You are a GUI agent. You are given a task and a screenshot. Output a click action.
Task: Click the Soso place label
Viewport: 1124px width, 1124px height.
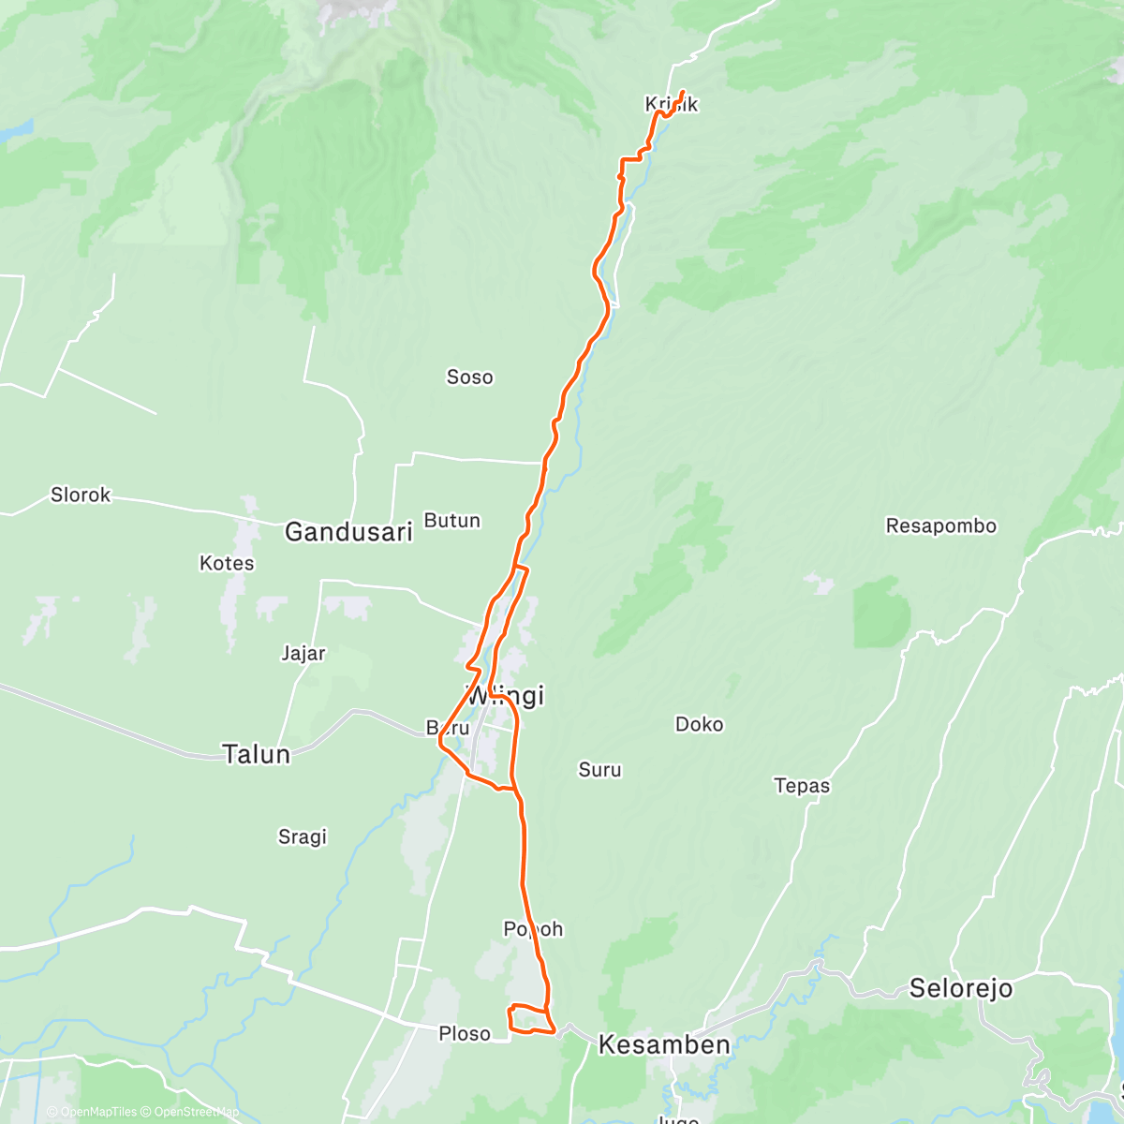pos(469,377)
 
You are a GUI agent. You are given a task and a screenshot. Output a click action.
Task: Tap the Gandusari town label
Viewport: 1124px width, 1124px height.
pos(348,533)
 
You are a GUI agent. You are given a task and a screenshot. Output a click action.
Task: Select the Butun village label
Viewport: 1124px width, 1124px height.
pos(452,521)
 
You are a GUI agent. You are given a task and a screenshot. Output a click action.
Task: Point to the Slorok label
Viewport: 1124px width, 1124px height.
pos(81,495)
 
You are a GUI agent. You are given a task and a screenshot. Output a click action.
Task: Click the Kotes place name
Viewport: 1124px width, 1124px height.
pos(227,563)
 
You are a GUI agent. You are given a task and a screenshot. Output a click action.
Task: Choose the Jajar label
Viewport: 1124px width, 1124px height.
pos(303,654)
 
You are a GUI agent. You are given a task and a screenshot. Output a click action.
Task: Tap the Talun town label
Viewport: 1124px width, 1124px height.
pos(256,754)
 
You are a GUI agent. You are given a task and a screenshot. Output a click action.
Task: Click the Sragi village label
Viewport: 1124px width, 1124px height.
pos(302,836)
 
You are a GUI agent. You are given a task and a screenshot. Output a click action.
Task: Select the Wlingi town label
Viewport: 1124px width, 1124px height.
pos(506,696)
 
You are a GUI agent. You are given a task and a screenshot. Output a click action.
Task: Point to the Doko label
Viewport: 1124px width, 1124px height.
pos(699,724)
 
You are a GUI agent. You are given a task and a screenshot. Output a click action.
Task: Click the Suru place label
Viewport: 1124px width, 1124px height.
pos(599,770)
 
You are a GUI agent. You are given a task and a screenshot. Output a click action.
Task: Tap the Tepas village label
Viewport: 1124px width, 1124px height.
pos(802,786)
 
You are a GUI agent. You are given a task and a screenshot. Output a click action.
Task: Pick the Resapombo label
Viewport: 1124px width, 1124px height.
pos(940,526)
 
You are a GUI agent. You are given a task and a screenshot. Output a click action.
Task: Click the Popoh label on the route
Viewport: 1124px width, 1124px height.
pos(533,929)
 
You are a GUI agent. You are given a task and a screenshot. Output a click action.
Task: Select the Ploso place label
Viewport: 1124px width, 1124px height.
pos(465,1034)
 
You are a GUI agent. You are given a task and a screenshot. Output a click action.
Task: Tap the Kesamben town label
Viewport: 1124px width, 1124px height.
pos(664,1045)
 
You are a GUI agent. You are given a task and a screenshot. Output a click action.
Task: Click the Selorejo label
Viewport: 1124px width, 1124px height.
pos(960,989)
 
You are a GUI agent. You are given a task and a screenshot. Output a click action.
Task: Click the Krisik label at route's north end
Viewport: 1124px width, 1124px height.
pos(672,105)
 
